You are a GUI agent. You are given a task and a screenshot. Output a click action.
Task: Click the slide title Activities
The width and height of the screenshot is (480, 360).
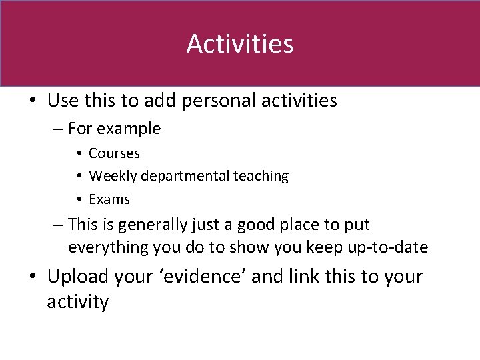tap(239, 44)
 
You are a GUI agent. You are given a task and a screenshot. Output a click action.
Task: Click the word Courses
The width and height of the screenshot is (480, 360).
tap(114, 153)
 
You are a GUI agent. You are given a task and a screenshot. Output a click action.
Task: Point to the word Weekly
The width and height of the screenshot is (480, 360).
tap(111, 176)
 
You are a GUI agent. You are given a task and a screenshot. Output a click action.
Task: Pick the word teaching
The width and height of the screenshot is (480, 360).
tap(261, 176)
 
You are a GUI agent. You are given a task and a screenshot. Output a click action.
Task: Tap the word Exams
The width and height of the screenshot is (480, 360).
tap(109, 199)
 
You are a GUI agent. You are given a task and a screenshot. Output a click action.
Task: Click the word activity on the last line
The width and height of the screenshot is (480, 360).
tap(77, 302)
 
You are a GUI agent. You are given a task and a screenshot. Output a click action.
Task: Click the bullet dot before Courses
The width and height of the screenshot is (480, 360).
tap(79, 154)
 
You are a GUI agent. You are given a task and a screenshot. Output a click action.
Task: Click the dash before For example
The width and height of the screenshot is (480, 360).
tap(58, 129)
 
